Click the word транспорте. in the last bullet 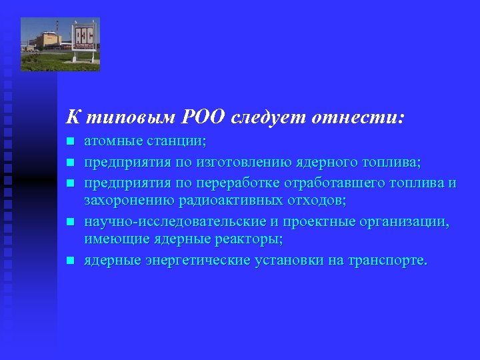(x=387, y=259)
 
